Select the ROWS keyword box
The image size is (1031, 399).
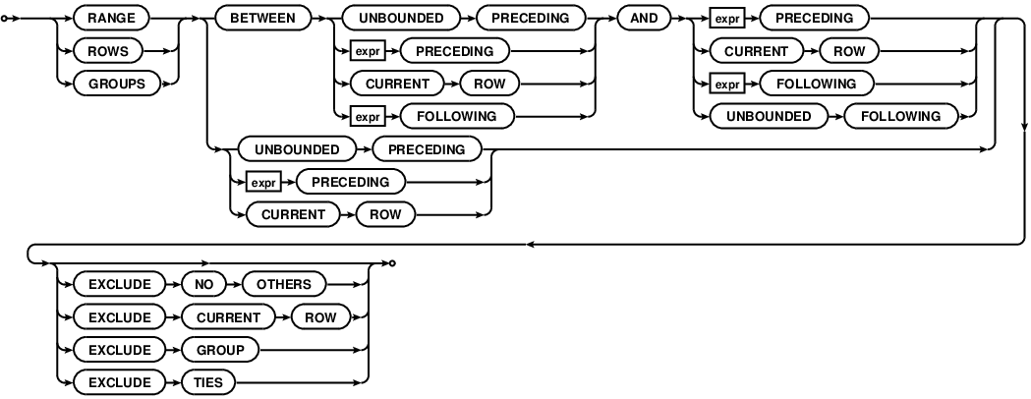tap(108, 50)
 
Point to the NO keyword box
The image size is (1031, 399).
tap(202, 284)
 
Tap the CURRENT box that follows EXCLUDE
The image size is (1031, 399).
tap(228, 317)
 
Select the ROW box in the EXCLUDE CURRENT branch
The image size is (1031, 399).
tap(324, 317)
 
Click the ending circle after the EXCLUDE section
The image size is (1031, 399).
tap(392, 262)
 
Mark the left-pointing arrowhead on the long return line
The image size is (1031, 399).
tap(532, 245)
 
